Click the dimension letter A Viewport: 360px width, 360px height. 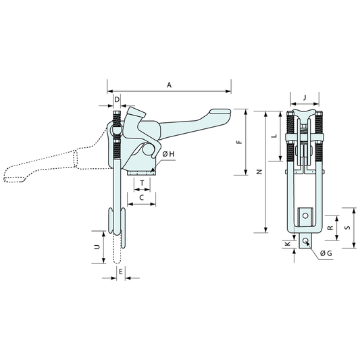click(x=169, y=85)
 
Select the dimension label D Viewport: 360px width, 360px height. click(x=117, y=100)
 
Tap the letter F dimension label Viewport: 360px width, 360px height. click(x=239, y=142)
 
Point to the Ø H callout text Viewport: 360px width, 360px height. click(x=169, y=154)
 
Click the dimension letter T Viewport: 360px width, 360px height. click(x=142, y=183)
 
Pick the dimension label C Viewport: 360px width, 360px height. click(x=142, y=197)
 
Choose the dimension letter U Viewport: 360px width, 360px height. click(x=97, y=247)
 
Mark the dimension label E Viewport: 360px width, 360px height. click(x=121, y=272)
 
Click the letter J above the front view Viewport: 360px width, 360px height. click(x=305, y=98)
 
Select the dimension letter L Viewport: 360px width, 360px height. click(x=274, y=136)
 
